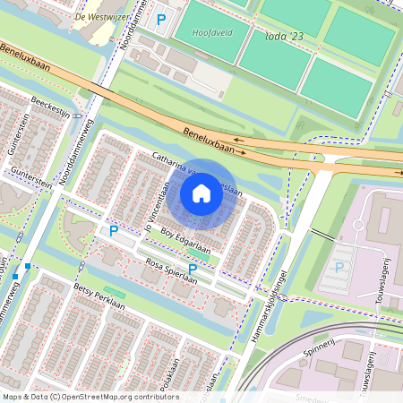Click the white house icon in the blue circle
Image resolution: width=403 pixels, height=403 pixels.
pyautogui.click(x=201, y=193)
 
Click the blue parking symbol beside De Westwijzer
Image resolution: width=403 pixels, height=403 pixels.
pyautogui.click(x=161, y=19)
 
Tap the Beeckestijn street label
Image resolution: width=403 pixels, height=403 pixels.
pyautogui.click(x=50, y=106)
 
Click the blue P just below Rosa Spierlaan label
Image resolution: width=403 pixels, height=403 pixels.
pyautogui.click(x=193, y=268)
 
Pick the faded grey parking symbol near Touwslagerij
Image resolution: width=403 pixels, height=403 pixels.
pyautogui.click(x=339, y=267)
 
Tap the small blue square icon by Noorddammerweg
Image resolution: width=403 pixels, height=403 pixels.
pyautogui.click(x=29, y=266)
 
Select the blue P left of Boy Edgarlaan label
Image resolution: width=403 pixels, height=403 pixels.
pyautogui.click(x=114, y=231)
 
